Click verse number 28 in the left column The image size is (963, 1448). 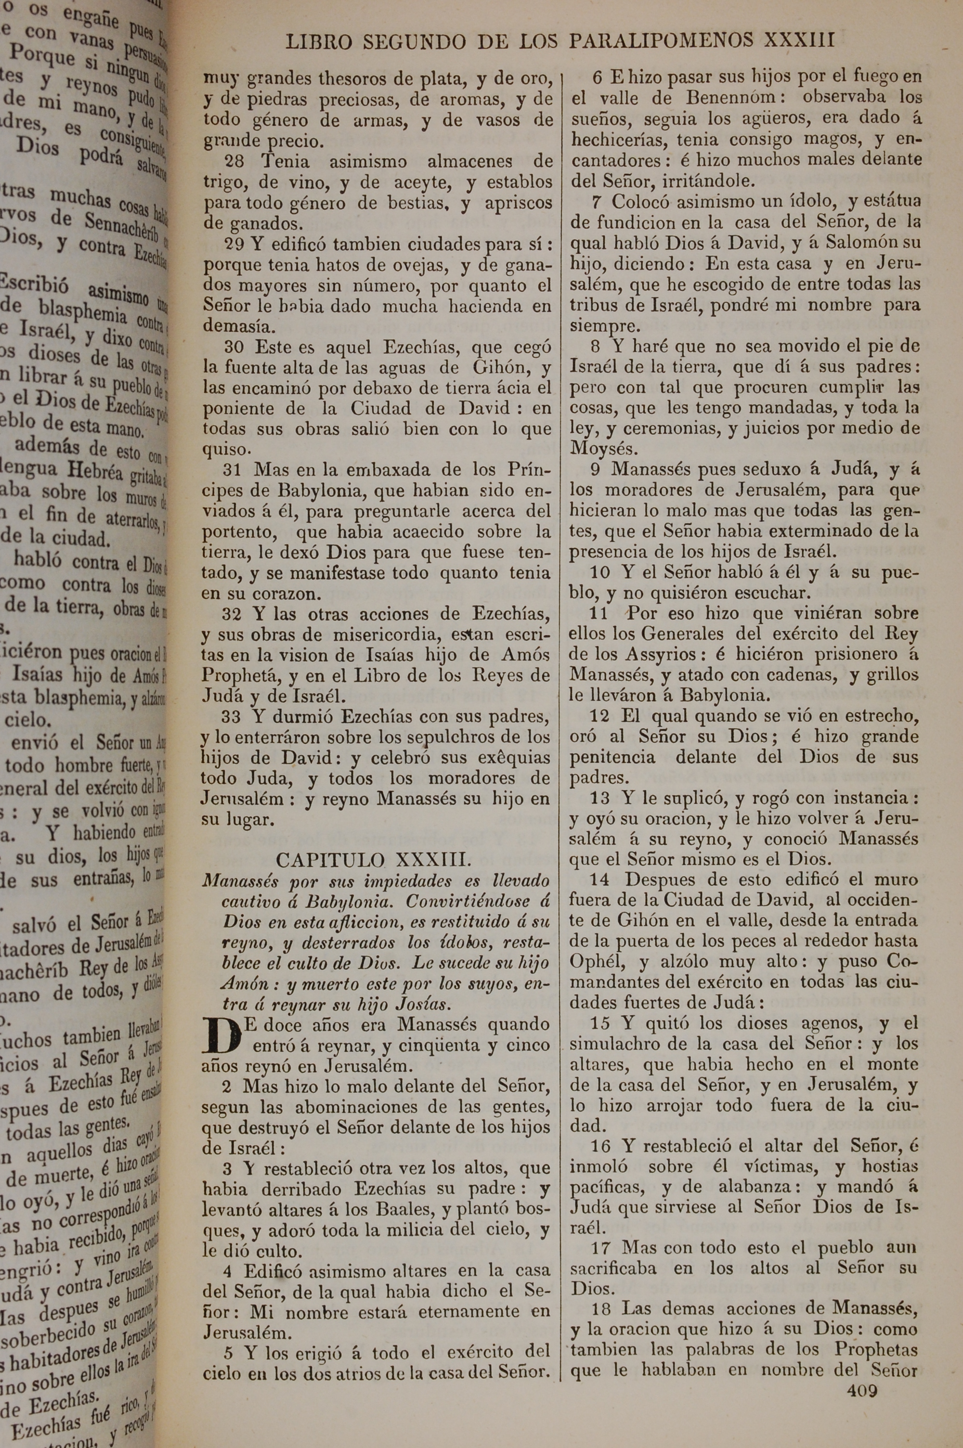click(234, 162)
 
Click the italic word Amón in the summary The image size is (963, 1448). click(228, 984)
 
